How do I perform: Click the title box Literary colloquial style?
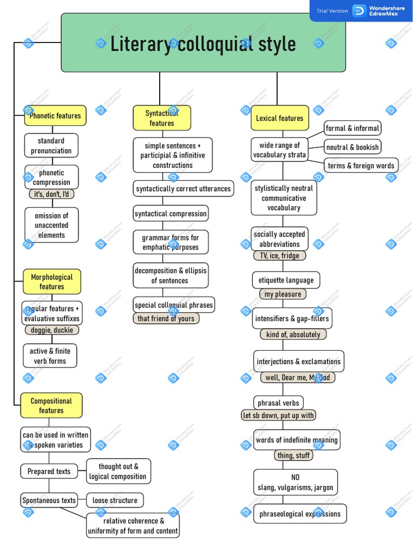pyautogui.click(x=203, y=43)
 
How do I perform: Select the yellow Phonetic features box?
pyautogui.click(x=55, y=116)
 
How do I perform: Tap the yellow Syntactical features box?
pyautogui.click(x=162, y=118)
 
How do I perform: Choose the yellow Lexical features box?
pyautogui.click(x=280, y=118)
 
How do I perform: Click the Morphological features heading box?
pyautogui.click(x=52, y=281)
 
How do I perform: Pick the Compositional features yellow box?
pyautogui.click(x=51, y=405)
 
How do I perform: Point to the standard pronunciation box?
pyautogui.click(x=51, y=145)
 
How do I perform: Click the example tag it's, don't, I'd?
pyautogui.click(x=52, y=194)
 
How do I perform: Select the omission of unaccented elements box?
pyautogui.click(x=52, y=225)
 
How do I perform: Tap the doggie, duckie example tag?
pyautogui.click(x=52, y=330)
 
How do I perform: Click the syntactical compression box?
pyautogui.click(x=170, y=214)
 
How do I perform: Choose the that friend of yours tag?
pyautogui.click(x=166, y=318)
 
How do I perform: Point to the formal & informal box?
pyautogui.click(x=352, y=128)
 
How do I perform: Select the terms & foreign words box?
pyautogui.click(x=361, y=166)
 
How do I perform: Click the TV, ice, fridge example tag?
pyautogui.click(x=280, y=256)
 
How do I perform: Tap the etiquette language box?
pyautogui.click(x=286, y=280)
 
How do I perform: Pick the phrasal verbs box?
pyautogui.click(x=278, y=402)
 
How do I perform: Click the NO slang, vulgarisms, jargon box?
pyautogui.click(x=295, y=482)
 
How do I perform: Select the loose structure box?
pyautogui.click(x=115, y=500)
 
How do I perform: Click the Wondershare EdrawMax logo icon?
pyautogui.click(x=359, y=11)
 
